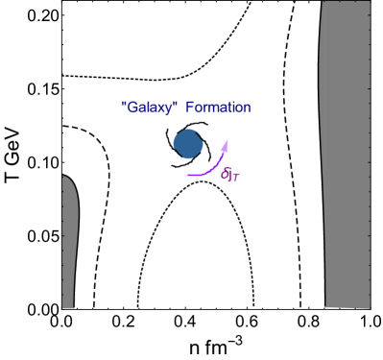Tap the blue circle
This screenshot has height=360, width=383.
click(188, 144)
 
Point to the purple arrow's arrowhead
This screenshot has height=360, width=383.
click(226, 143)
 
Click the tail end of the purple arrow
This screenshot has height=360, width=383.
click(189, 176)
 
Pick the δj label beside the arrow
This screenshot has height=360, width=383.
click(230, 174)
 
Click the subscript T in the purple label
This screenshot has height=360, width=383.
click(236, 177)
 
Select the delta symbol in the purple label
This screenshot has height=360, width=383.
click(225, 173)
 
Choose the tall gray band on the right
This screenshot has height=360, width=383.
click(347, 154)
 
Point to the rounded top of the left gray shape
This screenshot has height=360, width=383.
click(65, 178)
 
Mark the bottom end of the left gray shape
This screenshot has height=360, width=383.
click(68, 306)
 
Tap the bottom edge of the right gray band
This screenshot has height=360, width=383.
click(347, 307)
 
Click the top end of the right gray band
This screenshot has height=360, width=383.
click(346, 3)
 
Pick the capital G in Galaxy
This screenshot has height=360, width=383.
click(132, 107)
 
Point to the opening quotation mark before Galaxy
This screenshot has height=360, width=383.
click(125, 103)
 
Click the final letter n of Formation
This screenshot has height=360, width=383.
click(246, 108)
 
